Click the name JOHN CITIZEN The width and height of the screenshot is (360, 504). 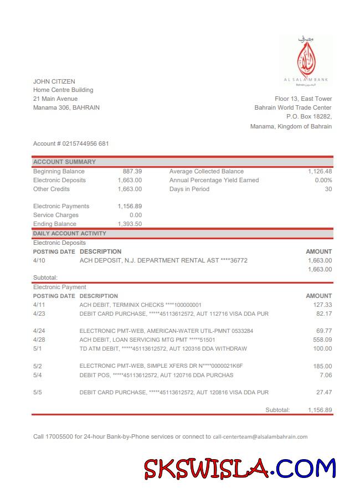(x=54, y=81)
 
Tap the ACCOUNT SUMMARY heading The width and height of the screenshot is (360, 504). (x=64, y=162)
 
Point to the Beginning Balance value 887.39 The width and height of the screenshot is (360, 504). (x=132, y=172)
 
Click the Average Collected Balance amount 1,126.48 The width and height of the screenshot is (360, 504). (x=320, y=172)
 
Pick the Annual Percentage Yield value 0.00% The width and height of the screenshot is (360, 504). (x=323, y=180)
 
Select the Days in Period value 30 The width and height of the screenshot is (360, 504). (x=328, y=189)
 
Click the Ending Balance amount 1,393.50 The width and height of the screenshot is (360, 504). (x=130, y=224)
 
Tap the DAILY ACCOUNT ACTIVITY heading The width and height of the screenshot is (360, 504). (x=69, y=234)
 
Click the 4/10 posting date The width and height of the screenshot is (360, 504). (x=39, y=260)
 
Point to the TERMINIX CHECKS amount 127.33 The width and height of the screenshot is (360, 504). (x=322, y=305)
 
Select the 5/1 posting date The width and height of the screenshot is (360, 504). (x=38, y=349)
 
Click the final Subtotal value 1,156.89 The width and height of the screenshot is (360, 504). (x=320, y=410)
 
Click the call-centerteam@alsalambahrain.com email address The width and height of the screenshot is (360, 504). (x=260, y=436)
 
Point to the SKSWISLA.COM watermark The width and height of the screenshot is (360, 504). (x=240, y=469)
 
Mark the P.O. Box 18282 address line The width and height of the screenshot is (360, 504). (x=308, y=116)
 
